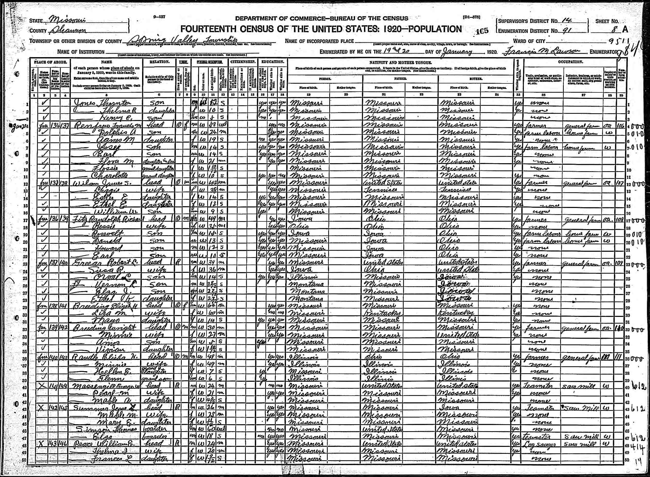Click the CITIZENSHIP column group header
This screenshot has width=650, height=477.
pyautogui.click(x=243, y=62)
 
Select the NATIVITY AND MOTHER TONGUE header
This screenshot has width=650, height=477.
pyautogui.click(x=401, y=62)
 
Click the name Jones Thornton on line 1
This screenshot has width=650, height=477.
pyautogui.click(x=102, y=103)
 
